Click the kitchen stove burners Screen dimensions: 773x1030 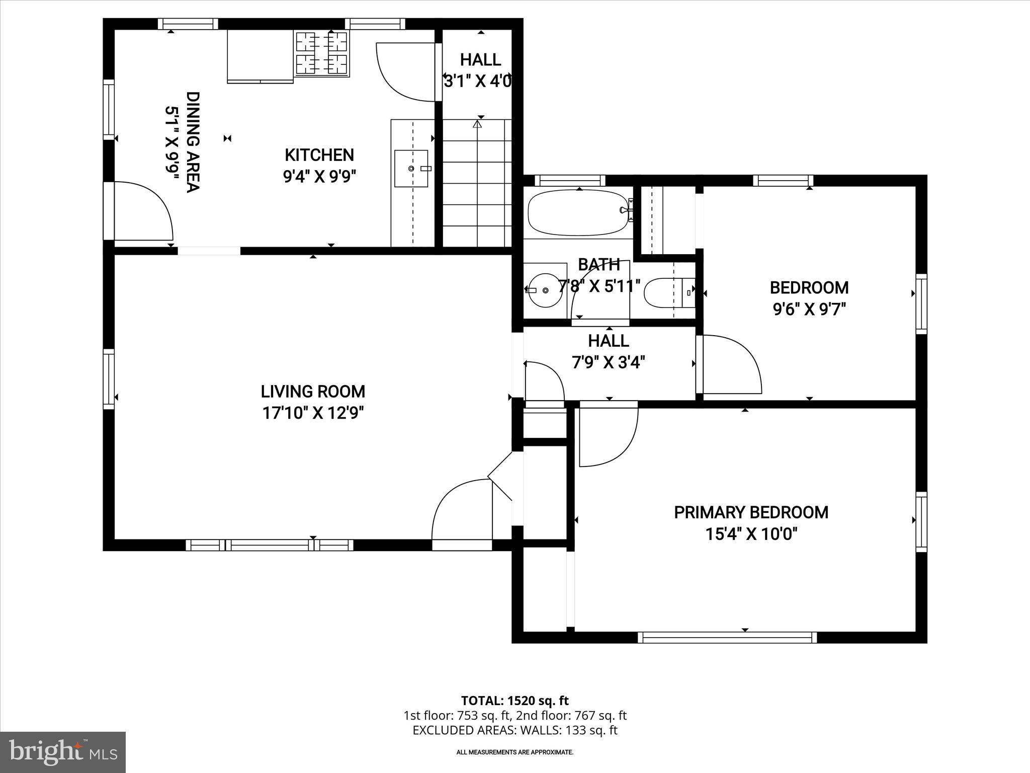pyautogui.click(x=321, y=53)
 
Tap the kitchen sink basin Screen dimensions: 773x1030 pyautogui.click(x=411, y=169)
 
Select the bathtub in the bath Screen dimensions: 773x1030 pyautogui.click(x=578, y=212)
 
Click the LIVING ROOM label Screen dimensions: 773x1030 pyautogui.click(x=313, y=392)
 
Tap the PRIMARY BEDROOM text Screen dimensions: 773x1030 pyautogui.click(x=751, y=512)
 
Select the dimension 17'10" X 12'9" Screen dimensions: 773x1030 pyautogui.click(x=313, y=413)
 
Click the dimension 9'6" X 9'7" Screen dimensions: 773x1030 pyautogui.click(x=809, y=308)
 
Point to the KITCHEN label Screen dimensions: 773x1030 pyautogui.click(x=319, y=154)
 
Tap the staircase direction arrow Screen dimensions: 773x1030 pyautogui.click(x=477, y=123)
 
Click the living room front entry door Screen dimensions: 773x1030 pyautogui.click(x=460, y=511)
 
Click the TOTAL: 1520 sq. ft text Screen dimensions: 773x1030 pyautogui.click(x=514, y=701)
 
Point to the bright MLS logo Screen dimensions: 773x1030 pyautogui.click(x=63, y=752)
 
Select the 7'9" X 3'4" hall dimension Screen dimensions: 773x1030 pyautogui.click(x=609, y=362)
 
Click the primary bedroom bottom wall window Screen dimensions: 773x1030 pyautogui.click(x=727, y=638)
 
